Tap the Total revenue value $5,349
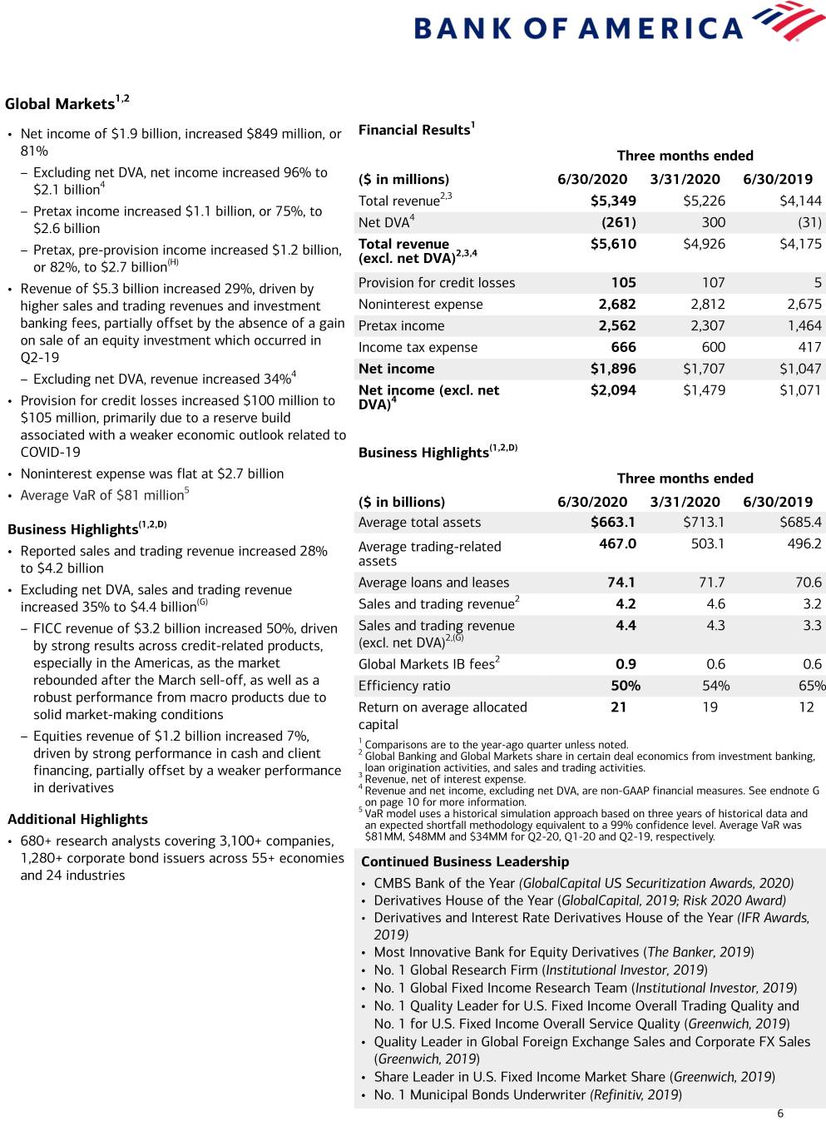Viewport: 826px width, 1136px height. point(613,201)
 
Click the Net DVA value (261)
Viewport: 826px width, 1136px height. point(618,222)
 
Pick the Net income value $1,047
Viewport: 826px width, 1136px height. point(800,369)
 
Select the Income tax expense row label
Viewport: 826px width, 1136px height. point(418,347)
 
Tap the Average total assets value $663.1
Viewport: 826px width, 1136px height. point(613,522)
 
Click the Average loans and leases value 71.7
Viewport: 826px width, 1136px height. point(711,583)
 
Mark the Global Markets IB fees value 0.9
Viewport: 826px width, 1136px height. point(626,664)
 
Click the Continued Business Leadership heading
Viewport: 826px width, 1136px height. point(465,861)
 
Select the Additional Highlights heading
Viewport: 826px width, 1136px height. point(77,819)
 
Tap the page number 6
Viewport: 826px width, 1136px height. point(779,1114)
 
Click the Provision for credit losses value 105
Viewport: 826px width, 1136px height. point(623,282)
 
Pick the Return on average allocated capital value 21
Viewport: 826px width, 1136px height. point(618,707)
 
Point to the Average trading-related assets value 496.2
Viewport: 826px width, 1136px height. point(804,543)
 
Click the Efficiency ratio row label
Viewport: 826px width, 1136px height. point(404,686)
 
